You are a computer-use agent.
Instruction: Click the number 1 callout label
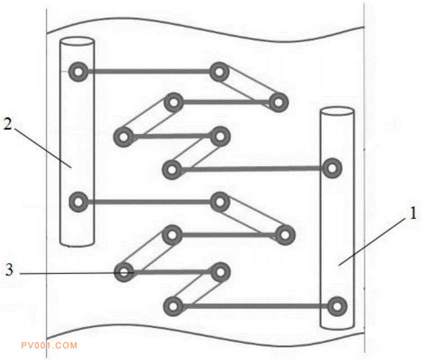pyautogui.click(x=413, y=214)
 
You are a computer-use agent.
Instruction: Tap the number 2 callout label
pyautogui.click(x=8, y=124)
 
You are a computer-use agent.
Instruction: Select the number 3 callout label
pyautogui.click(x=9, y=269)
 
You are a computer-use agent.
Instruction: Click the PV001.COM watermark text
pyautogui.click(x=50, y=345)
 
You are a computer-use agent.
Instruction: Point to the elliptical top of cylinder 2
pyautogui.click(x=77, y=42)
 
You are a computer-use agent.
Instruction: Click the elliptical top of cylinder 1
pyautogui.click(x=337, y=112)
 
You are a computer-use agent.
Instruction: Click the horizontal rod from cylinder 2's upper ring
pyautogui.click(x=149, y=71)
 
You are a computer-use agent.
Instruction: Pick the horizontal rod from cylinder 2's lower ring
pyautogui.click(x=149, y=202)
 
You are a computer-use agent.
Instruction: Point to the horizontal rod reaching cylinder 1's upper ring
pyautogui.click(x=252, y=169)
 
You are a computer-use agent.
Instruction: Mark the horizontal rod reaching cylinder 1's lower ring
pyautogui.click(x=255, y=306)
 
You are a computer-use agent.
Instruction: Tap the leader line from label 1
pyautogui.click(x=372, y=241)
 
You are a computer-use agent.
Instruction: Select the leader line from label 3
pyautogui.click(x=77, y=273)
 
